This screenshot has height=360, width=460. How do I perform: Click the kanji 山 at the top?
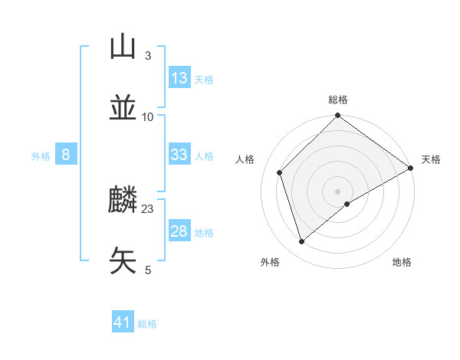(123, 47)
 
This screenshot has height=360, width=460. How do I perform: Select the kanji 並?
(123, 107)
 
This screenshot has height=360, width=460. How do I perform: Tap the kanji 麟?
(123, 201)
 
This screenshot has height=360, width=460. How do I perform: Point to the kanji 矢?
(123, 260)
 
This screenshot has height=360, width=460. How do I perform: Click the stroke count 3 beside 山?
(147, 56)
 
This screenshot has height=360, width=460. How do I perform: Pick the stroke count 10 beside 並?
(148, 116)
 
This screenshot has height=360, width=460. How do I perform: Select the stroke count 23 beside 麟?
(148, 209)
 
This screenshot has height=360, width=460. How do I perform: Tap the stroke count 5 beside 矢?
(147, 270)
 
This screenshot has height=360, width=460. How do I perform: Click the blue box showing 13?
(179, 78)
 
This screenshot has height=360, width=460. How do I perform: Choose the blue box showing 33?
(179, 155)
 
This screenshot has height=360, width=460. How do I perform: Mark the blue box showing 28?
(179, 231)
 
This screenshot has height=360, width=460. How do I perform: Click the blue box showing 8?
(66, 155)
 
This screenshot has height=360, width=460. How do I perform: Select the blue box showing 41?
(123, 323)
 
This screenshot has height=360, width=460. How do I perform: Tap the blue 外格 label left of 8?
(41, 156)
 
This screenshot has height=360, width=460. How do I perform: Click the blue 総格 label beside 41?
(147, 324)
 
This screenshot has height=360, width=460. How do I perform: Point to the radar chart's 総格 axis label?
(338, 100)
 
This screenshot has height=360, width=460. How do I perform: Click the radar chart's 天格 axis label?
(431, 159)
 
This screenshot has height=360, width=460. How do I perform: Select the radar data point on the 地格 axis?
(347, 204)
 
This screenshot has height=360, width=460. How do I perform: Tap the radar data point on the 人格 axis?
(280, 172)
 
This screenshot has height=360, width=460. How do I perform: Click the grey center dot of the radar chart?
(338, 191)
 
